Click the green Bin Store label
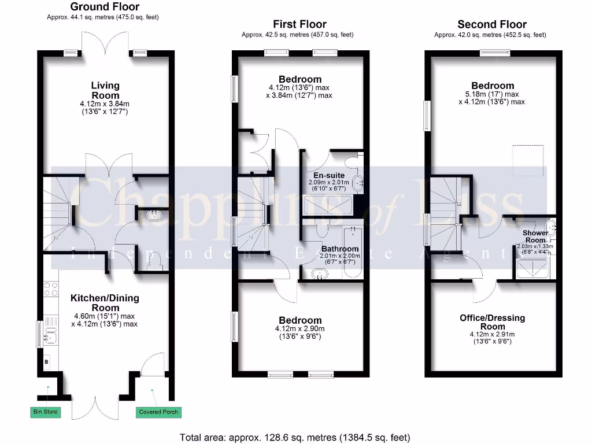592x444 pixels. [45, 412]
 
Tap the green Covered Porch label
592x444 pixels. [158, 412]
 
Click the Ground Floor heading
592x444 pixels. [105, 8]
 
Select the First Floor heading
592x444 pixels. [299, 24]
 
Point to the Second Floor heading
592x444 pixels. [491, 24]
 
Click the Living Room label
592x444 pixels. [105, 91]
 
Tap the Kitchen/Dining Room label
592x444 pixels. [105, 303]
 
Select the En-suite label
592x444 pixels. [329, 175]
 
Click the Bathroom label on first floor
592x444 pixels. [340, 249]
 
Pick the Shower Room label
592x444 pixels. [535, 236]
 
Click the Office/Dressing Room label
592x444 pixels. [492, 322]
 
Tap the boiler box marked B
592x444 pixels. [46, 362]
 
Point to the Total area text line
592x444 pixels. [295, 437]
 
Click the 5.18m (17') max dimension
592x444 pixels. [491, 94]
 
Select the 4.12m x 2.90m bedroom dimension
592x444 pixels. [300, 329]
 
